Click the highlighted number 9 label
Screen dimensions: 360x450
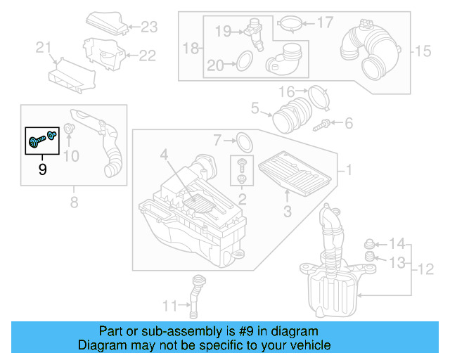pos(42,169)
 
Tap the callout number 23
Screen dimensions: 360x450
pos(149,27)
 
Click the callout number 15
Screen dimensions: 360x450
pos(421,51)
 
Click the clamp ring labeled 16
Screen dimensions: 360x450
pos(319,96)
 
